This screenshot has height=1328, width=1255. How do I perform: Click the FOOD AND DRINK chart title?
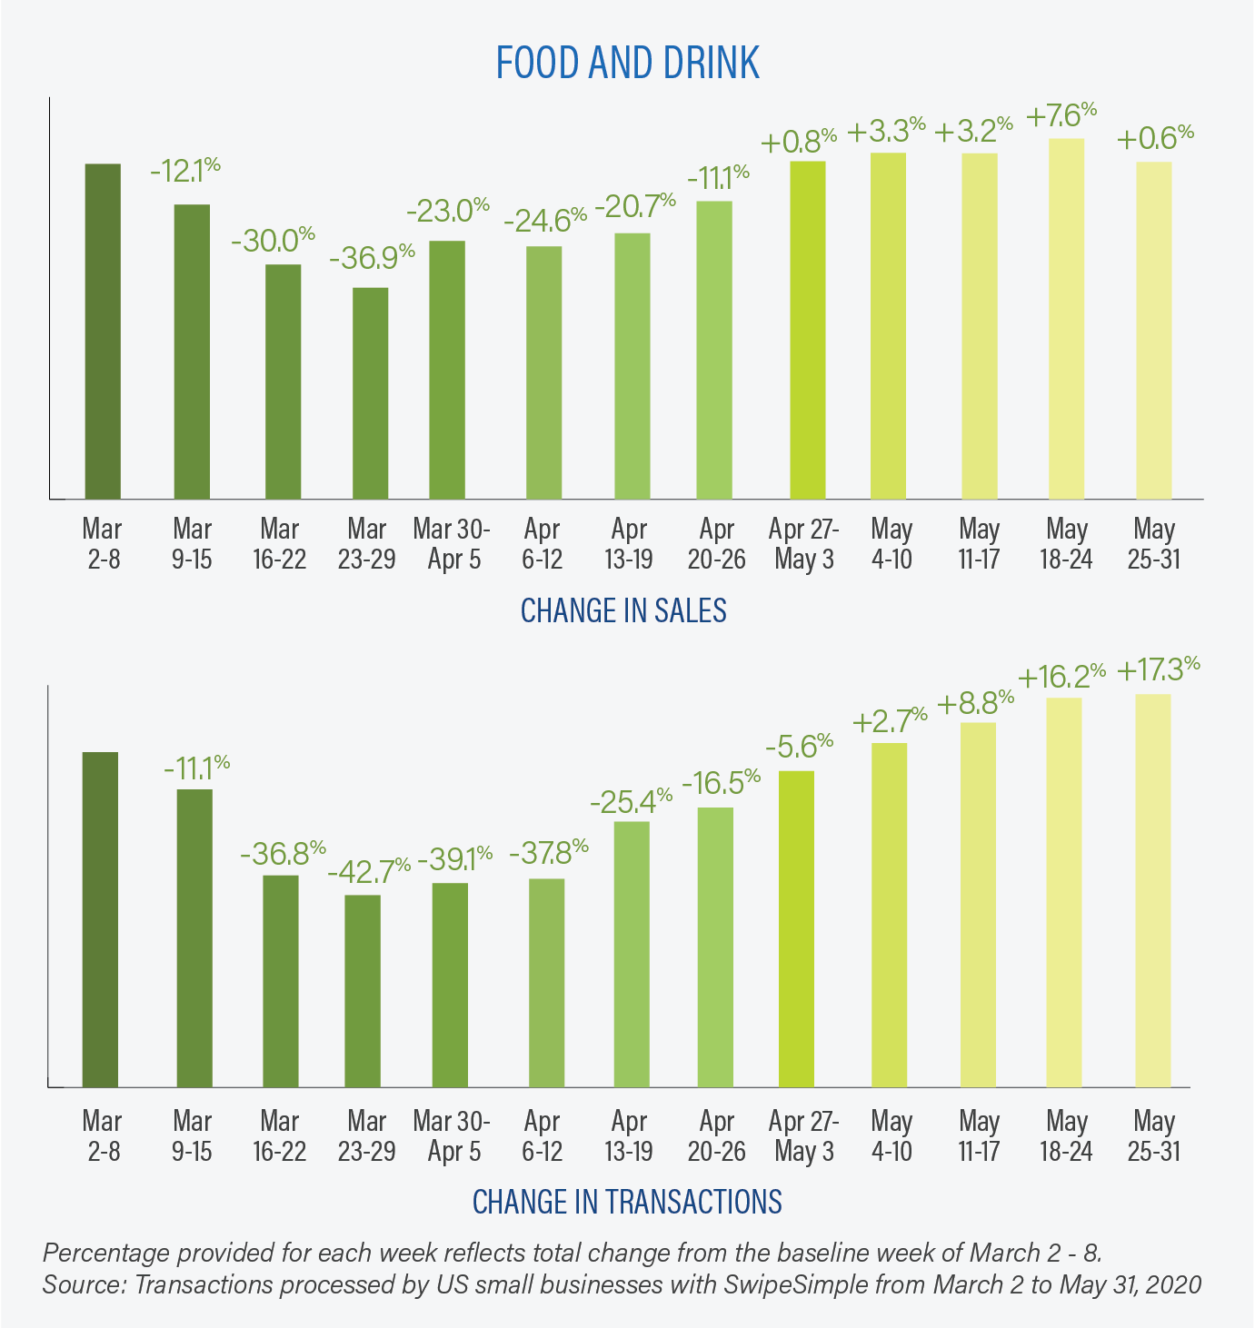(x=627, y=63)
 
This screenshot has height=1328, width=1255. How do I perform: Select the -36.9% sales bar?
(x=370, y=392)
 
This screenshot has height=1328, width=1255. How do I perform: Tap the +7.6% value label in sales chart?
(x=1061, y=115)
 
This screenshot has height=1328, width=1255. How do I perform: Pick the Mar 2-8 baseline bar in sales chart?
(x=103, y=331)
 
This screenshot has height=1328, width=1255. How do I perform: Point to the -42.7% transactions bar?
(x=363, y=990)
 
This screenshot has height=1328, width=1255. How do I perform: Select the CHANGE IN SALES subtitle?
(x=623, y=610)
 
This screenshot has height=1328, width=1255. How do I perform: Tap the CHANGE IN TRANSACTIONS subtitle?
(x=627, y=1201)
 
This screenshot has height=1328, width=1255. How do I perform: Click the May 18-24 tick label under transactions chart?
(x=1067, y=1135)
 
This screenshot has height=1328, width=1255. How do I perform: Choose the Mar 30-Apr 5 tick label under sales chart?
(x=453, y=543)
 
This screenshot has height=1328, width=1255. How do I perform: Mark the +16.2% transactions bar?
(x=1064, y=891)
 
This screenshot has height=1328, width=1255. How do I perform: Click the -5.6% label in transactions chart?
(x=799, y=746)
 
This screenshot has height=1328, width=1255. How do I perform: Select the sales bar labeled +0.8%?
(x=807, y=330)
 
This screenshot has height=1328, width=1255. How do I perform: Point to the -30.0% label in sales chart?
(x=272, y=241)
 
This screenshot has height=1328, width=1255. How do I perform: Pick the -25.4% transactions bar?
(x=632, y=954)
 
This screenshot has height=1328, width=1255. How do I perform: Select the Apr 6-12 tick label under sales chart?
(x=543, y=543)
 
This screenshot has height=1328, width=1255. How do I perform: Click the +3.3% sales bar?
(x=888, y=325)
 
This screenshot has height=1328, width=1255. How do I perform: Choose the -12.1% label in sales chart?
(x=184, y=169)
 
